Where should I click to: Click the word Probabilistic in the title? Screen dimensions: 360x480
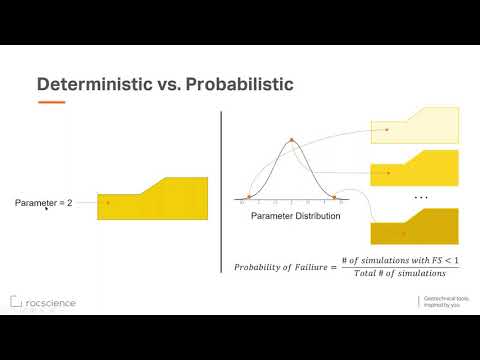237,84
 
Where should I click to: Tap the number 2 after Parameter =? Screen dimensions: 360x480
70,203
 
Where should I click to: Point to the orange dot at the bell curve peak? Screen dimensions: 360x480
291,140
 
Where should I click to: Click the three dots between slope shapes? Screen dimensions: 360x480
420,197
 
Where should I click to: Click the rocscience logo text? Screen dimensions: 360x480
50,302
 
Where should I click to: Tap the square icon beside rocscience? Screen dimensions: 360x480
16,302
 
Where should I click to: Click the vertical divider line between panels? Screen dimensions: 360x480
220,200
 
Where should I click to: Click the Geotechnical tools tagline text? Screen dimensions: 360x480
445,302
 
